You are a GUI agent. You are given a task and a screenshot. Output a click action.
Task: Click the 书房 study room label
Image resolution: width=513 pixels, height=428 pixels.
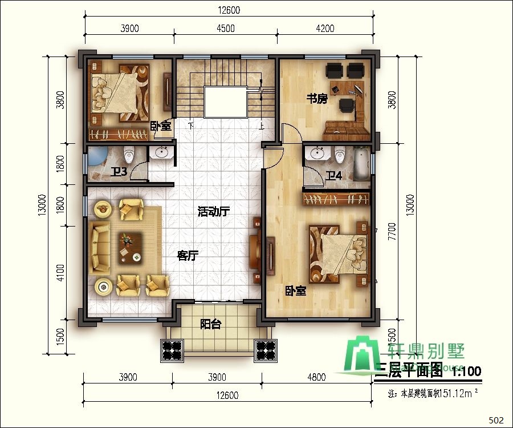pyautogui.click(x=317, y=98)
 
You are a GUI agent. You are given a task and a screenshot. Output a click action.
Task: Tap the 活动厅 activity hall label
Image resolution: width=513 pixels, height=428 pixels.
pyautogui.click(x=213, y=212)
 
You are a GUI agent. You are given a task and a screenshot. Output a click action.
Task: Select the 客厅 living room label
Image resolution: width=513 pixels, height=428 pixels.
pyautogui.click(x=187, y=256)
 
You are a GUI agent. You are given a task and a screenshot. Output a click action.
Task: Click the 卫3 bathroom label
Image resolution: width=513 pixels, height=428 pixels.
pyautogui.click(x=119, y=171)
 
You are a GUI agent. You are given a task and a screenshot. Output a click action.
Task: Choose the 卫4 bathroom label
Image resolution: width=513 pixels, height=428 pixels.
pyautogui.click(x=333, y=175)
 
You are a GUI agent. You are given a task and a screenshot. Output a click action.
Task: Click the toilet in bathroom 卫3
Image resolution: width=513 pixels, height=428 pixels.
pyautogui.click(x=129, y=155)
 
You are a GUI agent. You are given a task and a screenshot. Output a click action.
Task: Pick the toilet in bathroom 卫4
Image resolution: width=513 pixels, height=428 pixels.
pyautogui.click(x=340, y=155)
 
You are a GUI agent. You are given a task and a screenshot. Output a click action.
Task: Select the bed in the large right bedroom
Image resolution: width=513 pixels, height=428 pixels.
pyautogui.click(x=336, y=253)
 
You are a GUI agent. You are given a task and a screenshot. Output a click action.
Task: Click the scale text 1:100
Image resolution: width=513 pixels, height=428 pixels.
pyautogui.click(x=466, y=372)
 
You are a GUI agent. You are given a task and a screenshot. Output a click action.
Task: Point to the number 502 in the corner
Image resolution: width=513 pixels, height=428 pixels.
pyautogui.click(x=496, y=420)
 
